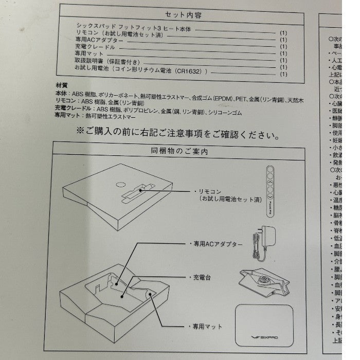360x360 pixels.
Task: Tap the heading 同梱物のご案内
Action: [x=180, y=152]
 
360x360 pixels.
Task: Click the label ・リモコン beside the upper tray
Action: [x=205, y=190]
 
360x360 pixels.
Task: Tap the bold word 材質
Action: [x=61, y=85]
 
